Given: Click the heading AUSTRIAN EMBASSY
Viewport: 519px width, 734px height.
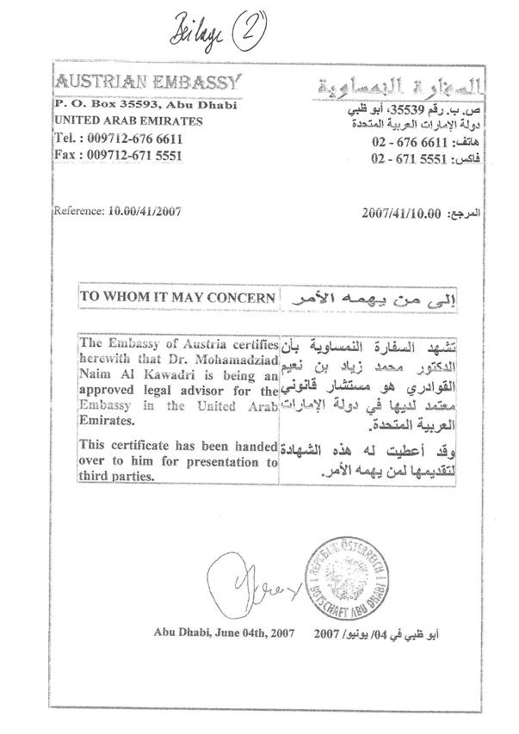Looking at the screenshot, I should click(x=149, y=83).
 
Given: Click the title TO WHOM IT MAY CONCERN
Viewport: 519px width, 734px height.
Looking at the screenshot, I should click(x=178, y=296).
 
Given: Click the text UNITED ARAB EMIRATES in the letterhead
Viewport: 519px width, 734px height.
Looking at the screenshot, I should click(x=128, y=120).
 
